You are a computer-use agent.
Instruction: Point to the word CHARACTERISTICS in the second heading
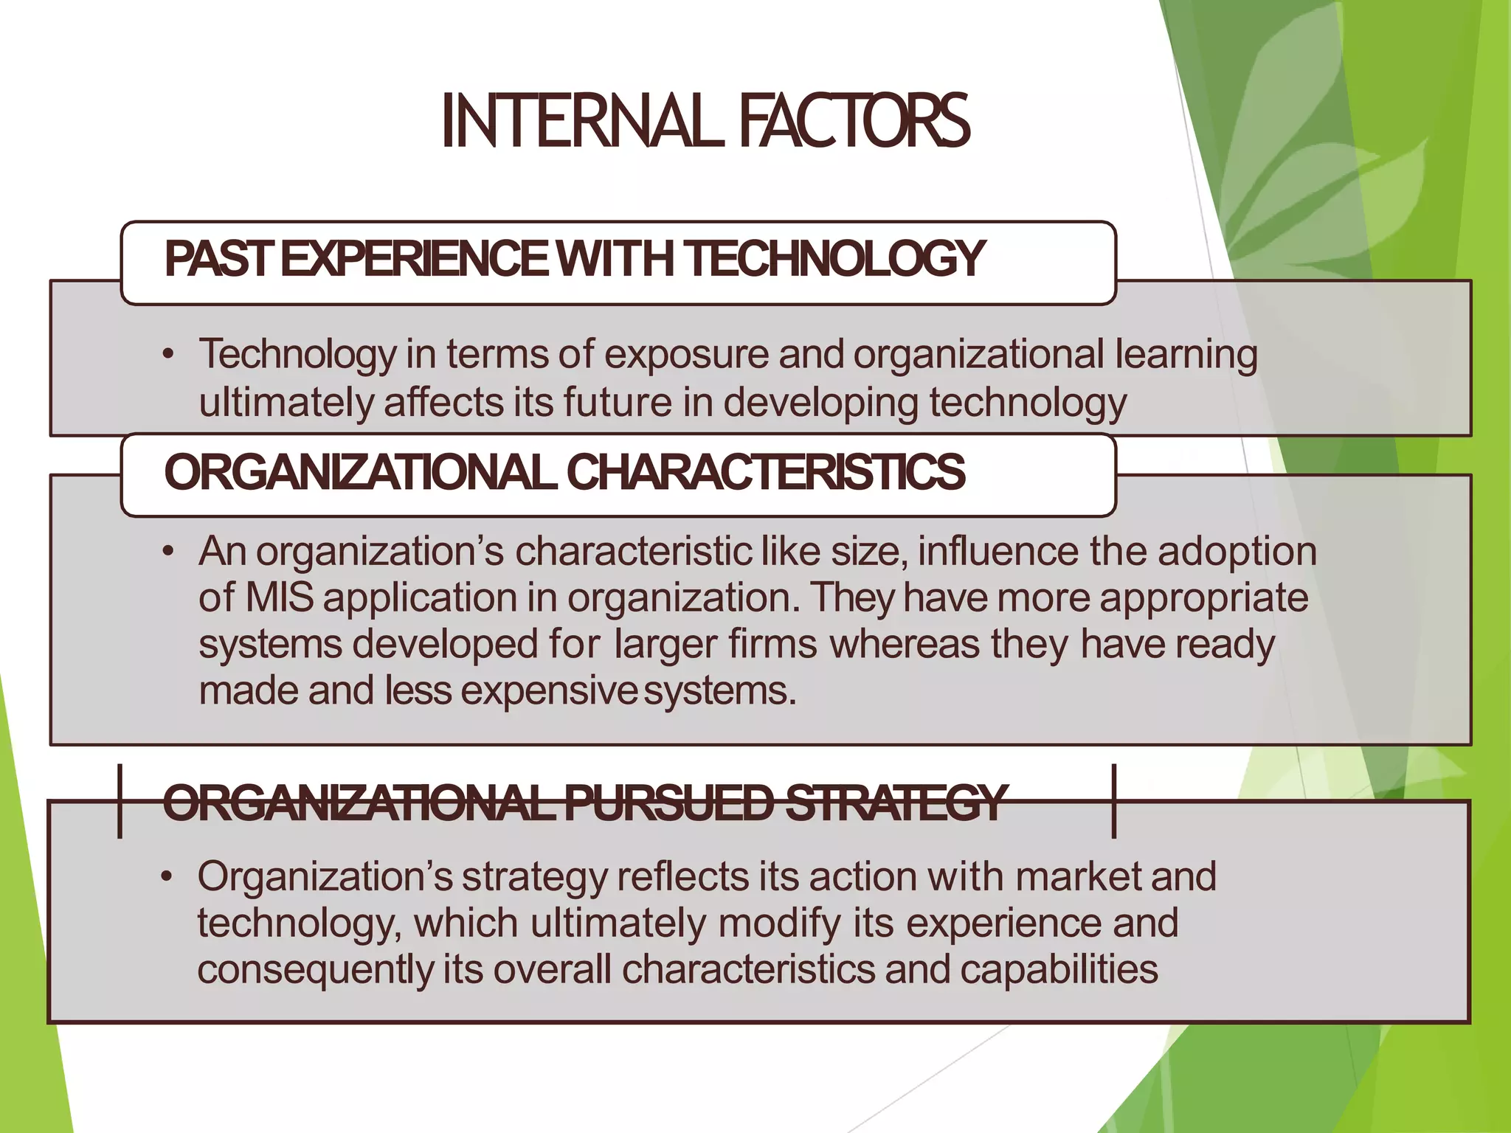(x=765, y=472)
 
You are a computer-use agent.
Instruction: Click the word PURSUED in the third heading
(x=669, y=803)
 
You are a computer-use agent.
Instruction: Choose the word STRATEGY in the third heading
(x=894, y=803)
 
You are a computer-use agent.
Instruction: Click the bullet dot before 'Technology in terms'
(x=169, y=355)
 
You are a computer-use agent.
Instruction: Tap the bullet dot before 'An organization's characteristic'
(x=169, y=552)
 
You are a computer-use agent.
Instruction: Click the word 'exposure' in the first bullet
(x=686, y=355)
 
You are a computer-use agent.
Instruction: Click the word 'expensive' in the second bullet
(x=549, y=691)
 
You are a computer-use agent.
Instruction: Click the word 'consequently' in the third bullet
(x=315, y=969)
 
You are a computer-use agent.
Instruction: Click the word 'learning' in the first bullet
(x=1186, y=355)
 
